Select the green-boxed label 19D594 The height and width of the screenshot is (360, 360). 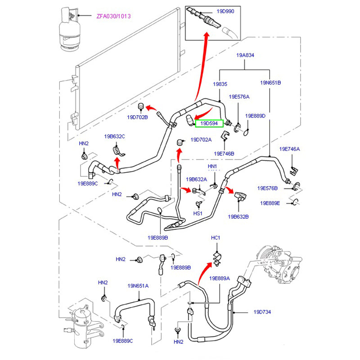click(x=209, y=123)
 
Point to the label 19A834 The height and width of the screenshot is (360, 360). click(x=246, y=55)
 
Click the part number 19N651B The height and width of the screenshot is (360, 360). click(x=270, y=83)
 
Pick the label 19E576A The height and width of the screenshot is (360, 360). click(x=239, y=97)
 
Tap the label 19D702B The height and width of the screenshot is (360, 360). click(x=137, y=117)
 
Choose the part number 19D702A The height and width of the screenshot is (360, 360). click(x=201, y=139)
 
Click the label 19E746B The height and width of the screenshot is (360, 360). click(x=224, y=153)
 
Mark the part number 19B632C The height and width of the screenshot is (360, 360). click(x=114, y=136)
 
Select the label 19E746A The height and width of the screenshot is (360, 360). click(x=289, y=149)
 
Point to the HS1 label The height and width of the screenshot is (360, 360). click(x=198, y=213)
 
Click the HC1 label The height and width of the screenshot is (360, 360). click(x=216, y=238)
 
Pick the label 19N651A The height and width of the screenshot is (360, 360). click(x=138, y=286)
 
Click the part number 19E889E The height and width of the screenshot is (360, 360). click(x=270, y=203)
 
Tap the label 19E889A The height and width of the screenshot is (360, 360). click(x=220, y=278)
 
